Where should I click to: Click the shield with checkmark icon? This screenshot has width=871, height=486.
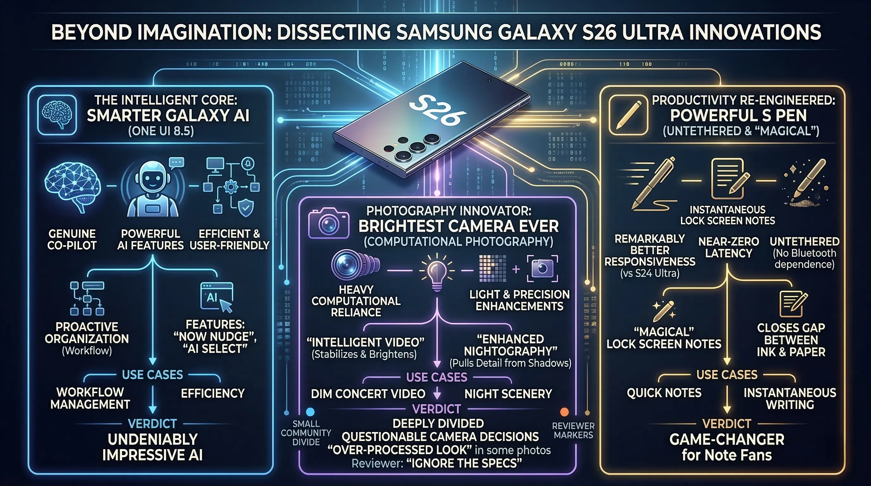click(x=246, y=207)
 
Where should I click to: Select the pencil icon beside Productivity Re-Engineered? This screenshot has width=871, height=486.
click(x=628, y=115)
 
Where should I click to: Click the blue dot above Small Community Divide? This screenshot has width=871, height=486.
click(x=310, y=412)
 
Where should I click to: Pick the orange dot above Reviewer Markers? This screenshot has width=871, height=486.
click(x=564, y=412)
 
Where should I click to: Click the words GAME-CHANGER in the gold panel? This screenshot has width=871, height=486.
click(x=727, y=440)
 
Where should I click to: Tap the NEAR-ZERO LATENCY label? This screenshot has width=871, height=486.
click(x=729, y=247)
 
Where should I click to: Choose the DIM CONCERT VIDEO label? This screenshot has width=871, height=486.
click(x=368, y=394)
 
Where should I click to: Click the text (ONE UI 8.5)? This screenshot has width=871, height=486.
click(x=161, y=131)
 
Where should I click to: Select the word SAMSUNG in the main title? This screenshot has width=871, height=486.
click(x=443, y=32)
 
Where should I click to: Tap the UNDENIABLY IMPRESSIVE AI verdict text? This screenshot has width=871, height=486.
click(x=153, y=447)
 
